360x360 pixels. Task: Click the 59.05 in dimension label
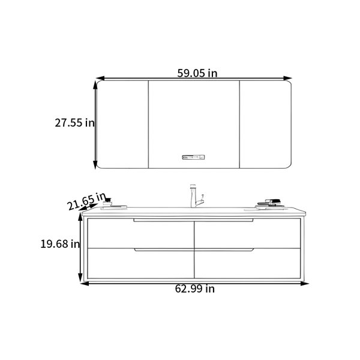tap(197, 73)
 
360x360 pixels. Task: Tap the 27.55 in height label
tap(74, 122)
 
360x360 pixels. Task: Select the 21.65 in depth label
tap(87, 201)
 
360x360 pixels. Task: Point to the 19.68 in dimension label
tap(60, 244)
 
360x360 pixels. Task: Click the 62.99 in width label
tap(194, 289)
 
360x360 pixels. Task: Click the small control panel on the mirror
tap(193, 157)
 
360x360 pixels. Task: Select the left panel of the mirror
tap(122, 124)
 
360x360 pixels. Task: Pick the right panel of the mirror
tap(265, 124)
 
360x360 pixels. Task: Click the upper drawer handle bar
tap(193, 220)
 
